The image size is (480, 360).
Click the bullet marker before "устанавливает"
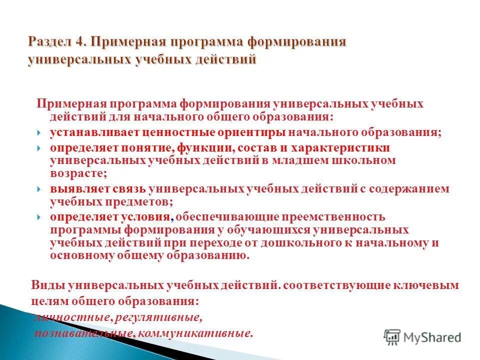pos(39,133)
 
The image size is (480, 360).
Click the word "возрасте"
pos(77,173)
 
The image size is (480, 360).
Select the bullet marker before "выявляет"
pos(39,189)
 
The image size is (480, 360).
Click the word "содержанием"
pos(400,189)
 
